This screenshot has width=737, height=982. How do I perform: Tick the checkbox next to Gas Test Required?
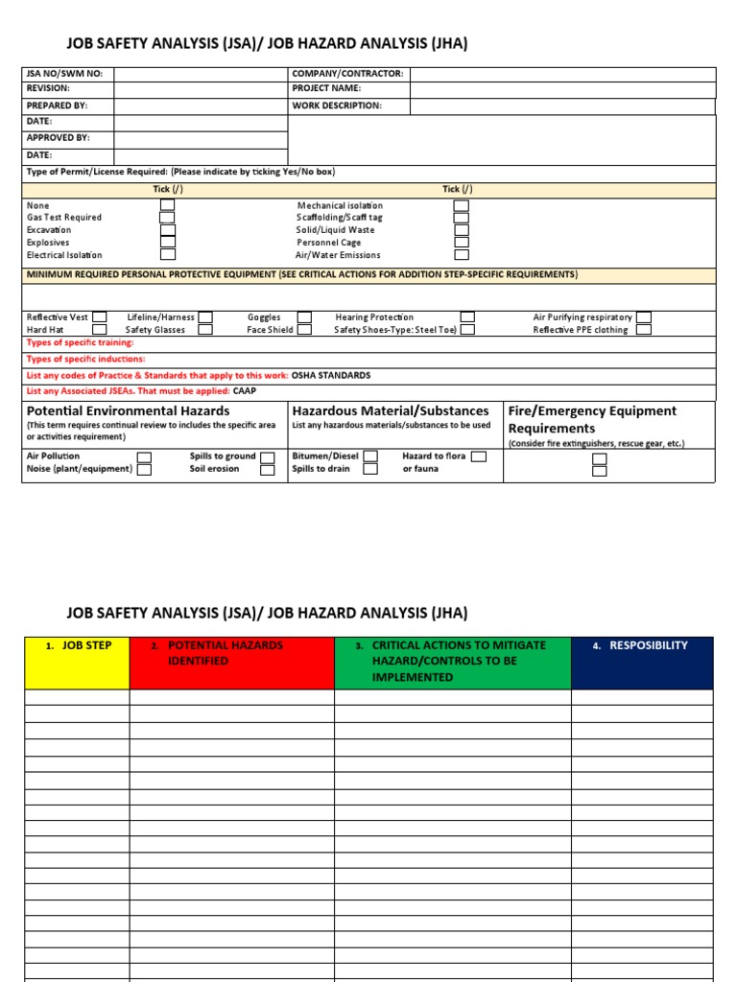coord(168,218)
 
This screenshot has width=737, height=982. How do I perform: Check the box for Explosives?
coord(168,243)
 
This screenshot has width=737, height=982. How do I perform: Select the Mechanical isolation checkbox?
coord(462,205)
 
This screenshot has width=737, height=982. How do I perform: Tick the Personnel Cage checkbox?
coord(462,243)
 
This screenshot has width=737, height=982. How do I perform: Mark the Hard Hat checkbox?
coord(99,330)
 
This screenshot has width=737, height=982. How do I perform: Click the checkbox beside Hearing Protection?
coord(467,317)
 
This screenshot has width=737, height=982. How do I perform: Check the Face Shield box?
coord(304,330)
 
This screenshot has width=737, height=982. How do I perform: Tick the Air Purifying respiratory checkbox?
coord(644,317)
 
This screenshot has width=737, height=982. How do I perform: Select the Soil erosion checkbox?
coord(268,470)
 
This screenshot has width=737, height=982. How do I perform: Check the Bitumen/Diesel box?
coord(370,456)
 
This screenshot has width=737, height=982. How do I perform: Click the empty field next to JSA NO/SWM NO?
coord(200,74)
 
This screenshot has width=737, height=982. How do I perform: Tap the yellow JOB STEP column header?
coord(77,663)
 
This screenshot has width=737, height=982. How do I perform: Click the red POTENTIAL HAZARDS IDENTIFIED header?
coord(231,663)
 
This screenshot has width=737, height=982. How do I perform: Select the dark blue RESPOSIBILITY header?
coord(642,663)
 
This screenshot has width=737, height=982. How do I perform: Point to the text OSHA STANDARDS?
coord(331,375)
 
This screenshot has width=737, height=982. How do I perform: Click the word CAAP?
coord(245,391)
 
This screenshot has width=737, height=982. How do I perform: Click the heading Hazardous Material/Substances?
coord(391,410)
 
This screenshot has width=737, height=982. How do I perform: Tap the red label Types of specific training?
coord(81,342)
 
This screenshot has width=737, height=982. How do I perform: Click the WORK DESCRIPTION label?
coord(337,105)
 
